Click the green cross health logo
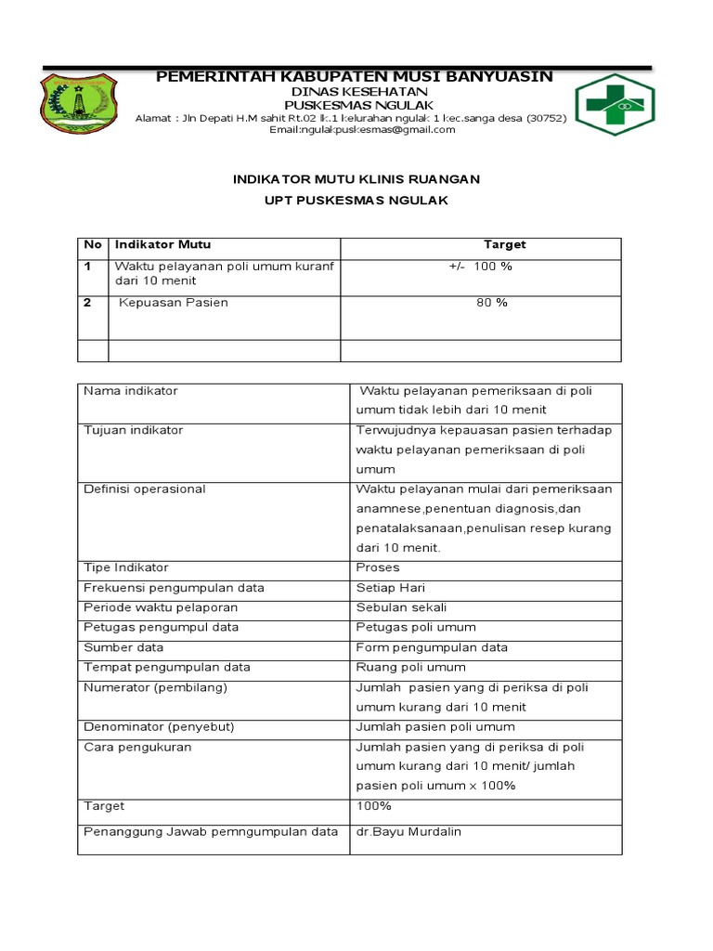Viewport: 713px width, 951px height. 615,105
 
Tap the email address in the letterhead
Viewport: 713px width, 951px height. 362,130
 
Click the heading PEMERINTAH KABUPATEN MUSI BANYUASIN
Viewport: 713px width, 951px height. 355,75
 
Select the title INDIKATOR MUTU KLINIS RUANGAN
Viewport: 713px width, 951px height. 356,179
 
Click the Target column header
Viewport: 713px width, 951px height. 504,245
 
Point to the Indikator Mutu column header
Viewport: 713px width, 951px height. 162,245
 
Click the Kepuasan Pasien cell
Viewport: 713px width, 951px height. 174,303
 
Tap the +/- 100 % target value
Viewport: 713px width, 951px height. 480,267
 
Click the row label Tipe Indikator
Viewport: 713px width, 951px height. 126,567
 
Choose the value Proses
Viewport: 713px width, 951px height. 378,567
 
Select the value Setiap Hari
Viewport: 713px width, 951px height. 391,588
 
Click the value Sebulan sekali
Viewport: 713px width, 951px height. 401,607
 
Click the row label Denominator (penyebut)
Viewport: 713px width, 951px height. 159,727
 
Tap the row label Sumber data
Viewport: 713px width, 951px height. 123,647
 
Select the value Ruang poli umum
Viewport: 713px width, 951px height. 411,668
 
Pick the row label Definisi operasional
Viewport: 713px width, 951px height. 145,489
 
